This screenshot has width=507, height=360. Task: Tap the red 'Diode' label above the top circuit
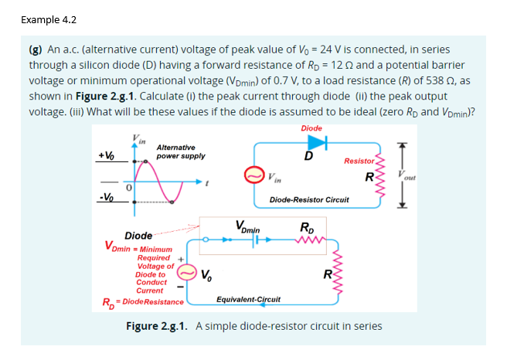click(311, 128)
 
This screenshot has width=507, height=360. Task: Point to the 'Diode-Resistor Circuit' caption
click(309, 199)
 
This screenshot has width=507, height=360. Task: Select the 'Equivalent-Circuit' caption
click(248, 297)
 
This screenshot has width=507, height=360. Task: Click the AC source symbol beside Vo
click(185, 272)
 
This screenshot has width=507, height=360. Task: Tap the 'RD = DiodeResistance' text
click(144, 301)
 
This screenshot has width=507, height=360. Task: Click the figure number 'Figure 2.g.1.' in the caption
click(158, 326)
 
